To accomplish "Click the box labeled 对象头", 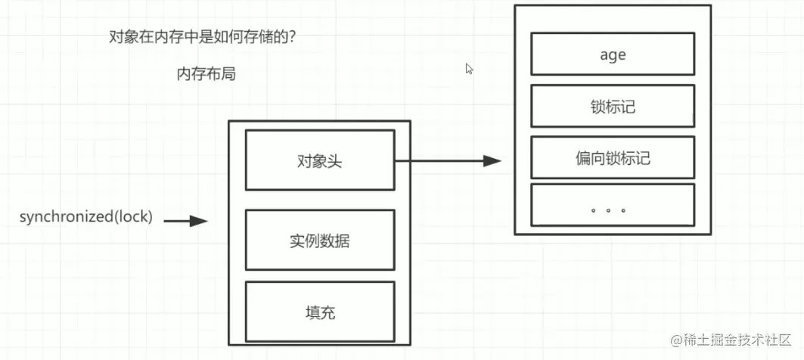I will (x=319, y=160).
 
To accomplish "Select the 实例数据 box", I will (x=319, y=241).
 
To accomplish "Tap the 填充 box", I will (x=319, y=312).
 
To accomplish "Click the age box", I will (x=613, y=55).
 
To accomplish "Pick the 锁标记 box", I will (x=613, y=106).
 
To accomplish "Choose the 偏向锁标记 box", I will (x=613, y=158).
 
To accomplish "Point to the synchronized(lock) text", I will (x=85, y=217).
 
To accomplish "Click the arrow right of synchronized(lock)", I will (x=186, y=221).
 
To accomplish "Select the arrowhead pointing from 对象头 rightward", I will (x=492, y=160).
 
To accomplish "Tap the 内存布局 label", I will (x=201, y=74).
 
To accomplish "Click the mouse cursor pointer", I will (x=469, y=68).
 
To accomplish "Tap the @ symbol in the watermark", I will (x=669, y=340).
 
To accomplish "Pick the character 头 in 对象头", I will (x=334, y=160).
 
